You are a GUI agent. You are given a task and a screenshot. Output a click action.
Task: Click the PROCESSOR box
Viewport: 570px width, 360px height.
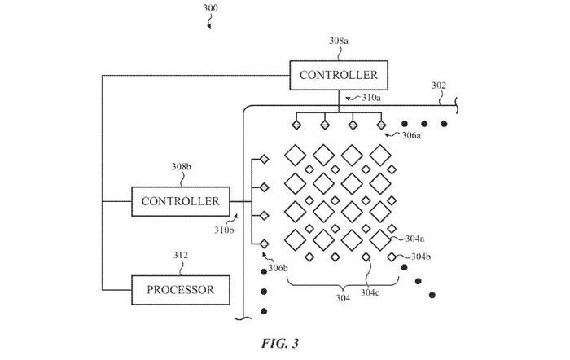click(x=180, y=289)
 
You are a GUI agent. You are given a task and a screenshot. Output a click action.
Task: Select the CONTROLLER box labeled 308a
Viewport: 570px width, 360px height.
click(x=339, y=76)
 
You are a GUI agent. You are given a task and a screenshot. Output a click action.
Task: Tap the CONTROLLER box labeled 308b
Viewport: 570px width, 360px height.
click(x=180, y=200)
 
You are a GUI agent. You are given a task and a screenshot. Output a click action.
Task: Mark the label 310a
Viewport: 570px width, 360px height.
click(x=370, y=98)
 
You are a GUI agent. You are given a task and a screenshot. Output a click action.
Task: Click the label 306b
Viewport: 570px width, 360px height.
click(x=278, y=268)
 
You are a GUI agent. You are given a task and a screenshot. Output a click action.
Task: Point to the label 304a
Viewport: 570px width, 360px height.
click(x=414, y=239)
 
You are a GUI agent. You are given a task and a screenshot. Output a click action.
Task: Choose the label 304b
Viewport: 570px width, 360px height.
click(x=420, y=257)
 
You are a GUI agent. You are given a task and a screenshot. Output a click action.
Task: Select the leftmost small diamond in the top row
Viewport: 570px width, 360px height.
click(x=297, y=125)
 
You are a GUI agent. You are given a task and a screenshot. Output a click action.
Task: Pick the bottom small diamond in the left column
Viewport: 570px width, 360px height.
click(x=265, y=243)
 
